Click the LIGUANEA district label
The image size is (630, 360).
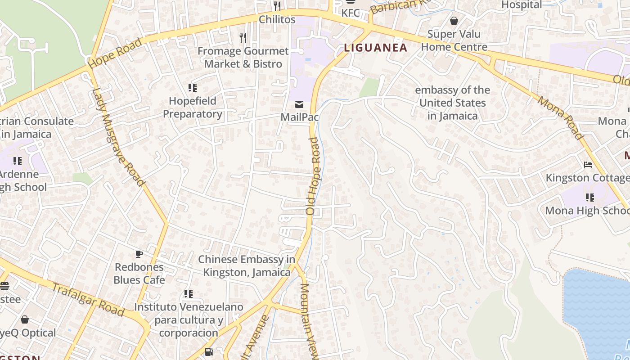376,47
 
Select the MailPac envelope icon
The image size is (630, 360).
299,104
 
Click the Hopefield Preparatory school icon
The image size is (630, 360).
193,87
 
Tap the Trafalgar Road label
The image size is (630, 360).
88,299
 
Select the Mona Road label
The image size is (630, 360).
561,118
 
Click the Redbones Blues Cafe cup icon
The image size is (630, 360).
139,254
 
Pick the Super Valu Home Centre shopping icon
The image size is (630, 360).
454,21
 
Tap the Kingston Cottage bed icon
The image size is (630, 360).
588,165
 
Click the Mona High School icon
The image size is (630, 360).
589,197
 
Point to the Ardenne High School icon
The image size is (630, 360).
18,161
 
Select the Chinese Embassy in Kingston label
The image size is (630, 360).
247,265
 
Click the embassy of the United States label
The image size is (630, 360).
452,103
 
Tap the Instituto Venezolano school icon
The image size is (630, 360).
189,294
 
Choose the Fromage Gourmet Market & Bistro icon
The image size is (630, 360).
243,37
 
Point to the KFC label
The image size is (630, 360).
351,13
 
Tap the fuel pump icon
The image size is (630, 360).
209,352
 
